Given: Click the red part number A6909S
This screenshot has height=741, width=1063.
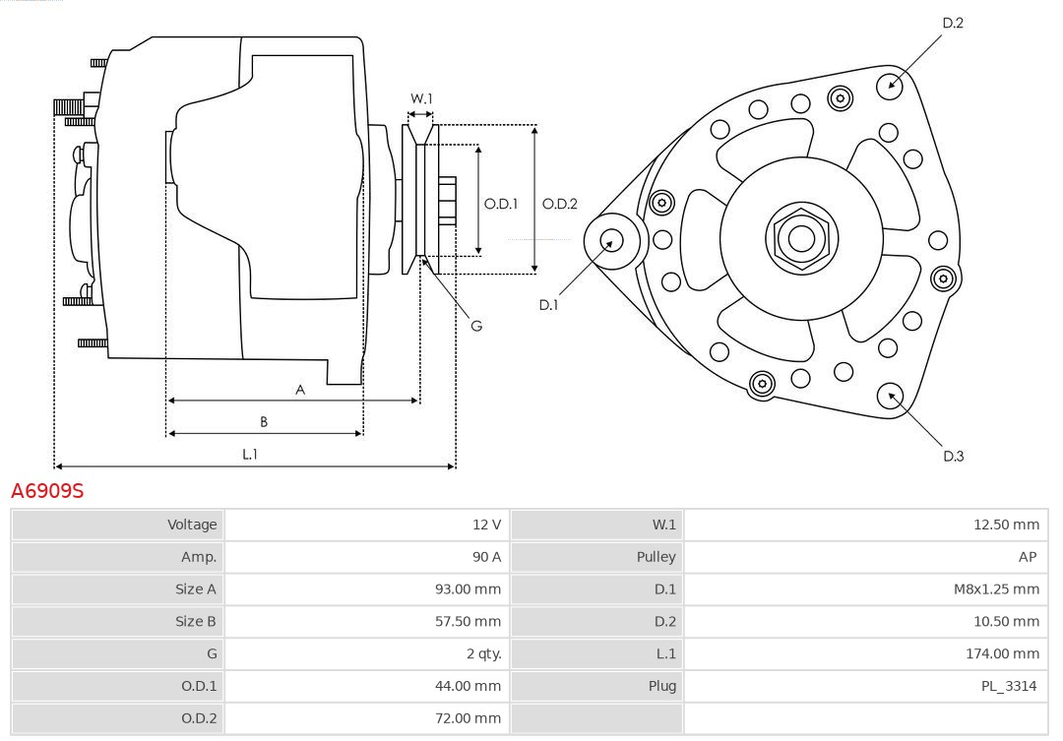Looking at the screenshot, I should pos(47,490).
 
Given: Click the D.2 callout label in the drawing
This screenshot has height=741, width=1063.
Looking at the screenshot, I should pos(953,23).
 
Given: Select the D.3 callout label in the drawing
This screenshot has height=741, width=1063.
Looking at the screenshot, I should pos(953,456).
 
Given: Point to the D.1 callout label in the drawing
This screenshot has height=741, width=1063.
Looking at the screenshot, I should pos(548,305).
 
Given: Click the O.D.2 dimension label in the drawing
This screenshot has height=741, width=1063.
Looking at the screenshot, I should pos(560,205).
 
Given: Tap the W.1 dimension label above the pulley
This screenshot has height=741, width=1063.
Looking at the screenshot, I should pos(421,98).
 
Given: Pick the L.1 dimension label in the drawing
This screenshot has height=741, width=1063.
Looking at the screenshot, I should pos(250,454).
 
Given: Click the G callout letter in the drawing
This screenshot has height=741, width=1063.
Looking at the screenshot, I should pos(476,326).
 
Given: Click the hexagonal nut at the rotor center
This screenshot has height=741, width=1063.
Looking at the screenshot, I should pos(801,237).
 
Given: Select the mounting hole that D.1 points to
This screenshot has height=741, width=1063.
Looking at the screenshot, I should pos(612,239).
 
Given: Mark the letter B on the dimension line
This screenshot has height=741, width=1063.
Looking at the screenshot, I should pos(264,422).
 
